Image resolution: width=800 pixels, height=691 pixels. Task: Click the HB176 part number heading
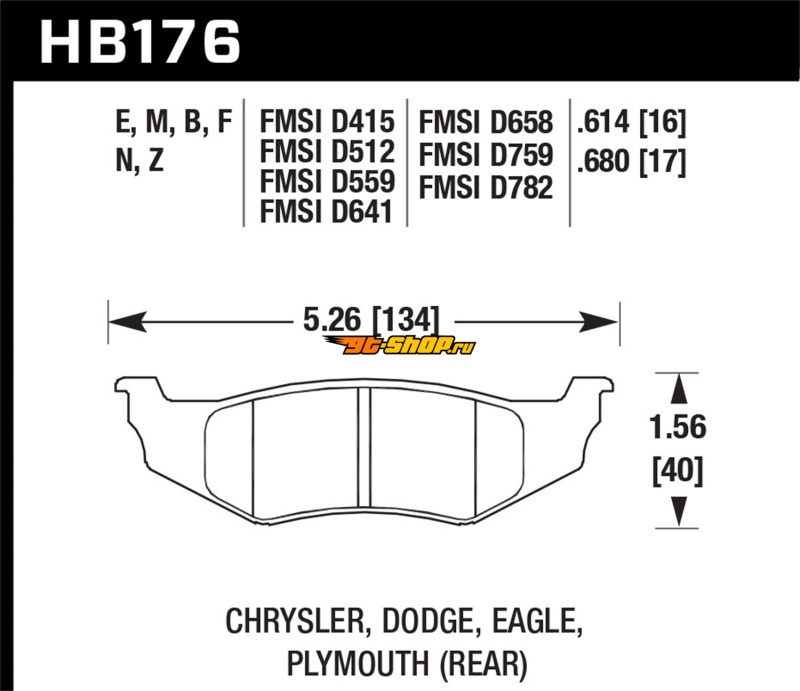click(x=140, y=42)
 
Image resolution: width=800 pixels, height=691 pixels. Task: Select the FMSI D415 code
click(x=327, y=121)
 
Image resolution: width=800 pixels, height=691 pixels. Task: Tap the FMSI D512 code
click(x=327, y=151)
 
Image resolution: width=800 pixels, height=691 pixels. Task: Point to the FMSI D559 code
click(x=327, y=181)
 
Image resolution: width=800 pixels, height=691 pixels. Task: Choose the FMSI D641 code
click(x=326, y=211)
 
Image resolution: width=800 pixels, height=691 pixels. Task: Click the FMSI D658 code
click(x=486, y=122)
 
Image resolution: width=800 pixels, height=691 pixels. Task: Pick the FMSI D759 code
click(x=486, y=155)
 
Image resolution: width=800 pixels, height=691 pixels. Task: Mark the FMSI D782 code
click(x=486, y=187)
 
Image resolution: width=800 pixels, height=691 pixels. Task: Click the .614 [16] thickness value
click(x=632, y=122)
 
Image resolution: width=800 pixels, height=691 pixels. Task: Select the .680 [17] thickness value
click(x=632, y=161)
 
